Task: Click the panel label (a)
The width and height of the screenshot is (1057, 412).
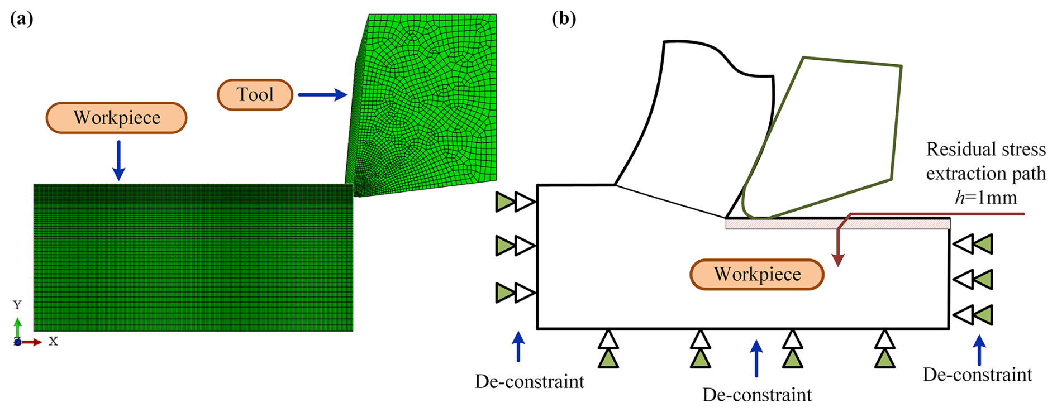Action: point(22,19)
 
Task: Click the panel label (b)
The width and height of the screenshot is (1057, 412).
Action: point(564,19)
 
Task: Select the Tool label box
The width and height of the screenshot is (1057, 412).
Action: point(255,94)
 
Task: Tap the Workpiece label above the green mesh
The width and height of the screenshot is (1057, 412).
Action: point(116,118)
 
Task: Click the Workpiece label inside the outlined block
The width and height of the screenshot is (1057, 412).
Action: point(757,274)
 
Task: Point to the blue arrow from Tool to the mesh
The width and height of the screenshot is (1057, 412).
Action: point(323,94)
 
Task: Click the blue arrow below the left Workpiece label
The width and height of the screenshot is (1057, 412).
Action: point(118,161)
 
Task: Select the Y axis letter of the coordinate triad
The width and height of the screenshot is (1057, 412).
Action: point(17,305)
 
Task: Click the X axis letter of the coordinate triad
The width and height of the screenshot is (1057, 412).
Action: point(53,341)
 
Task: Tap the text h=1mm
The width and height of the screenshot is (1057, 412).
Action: point(985,198)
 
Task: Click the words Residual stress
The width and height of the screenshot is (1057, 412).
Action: point(985,149)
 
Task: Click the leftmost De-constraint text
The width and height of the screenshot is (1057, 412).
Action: point(529,381)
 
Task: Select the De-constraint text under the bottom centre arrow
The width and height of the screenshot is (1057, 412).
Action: point(756,395)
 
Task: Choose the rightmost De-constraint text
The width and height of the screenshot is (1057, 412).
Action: point(977,374)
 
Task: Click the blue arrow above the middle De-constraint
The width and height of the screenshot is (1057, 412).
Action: point(756,358)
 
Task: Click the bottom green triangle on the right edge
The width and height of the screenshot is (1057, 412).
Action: point(983,315)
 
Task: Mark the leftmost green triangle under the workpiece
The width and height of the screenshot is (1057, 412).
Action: point(608,358)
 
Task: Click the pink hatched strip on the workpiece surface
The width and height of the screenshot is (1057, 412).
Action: point(837,224)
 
